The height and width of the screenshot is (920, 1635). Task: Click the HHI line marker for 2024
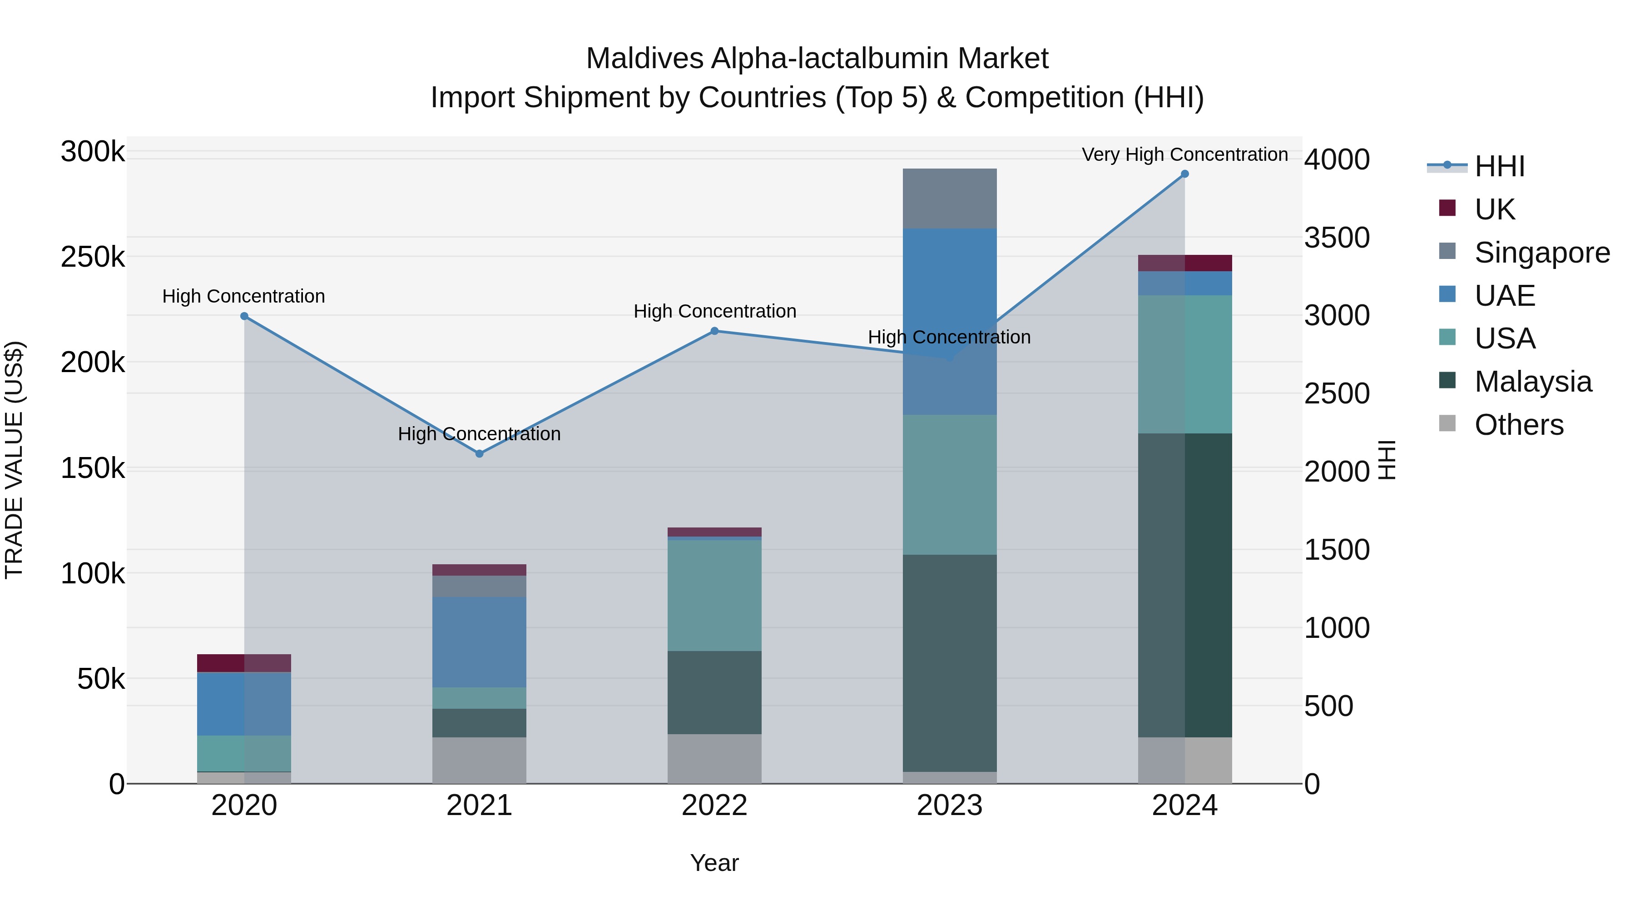click(1184, 174)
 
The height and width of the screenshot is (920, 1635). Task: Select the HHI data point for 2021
click(479, 453)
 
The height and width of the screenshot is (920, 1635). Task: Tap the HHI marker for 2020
click(244, 316)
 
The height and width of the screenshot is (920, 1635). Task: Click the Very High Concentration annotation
click(1184, 154)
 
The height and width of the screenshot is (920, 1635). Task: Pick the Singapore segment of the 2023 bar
click(950, 198)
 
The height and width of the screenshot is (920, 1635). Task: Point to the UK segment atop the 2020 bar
click(244, 663)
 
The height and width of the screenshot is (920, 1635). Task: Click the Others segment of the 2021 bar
click(479, 760)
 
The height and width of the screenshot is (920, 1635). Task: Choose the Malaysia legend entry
click(1532, 382)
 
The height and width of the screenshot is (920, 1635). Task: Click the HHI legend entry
click(1499, 166)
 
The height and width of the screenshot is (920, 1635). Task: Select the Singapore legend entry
click(1541, 253)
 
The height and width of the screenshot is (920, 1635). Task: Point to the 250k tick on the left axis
click(93, 258)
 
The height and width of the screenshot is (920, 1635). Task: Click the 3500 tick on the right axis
click(1337, 238)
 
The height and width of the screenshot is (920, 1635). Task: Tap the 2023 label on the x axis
click(950, 806)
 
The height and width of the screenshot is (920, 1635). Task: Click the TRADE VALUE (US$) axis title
click(15, 460)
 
